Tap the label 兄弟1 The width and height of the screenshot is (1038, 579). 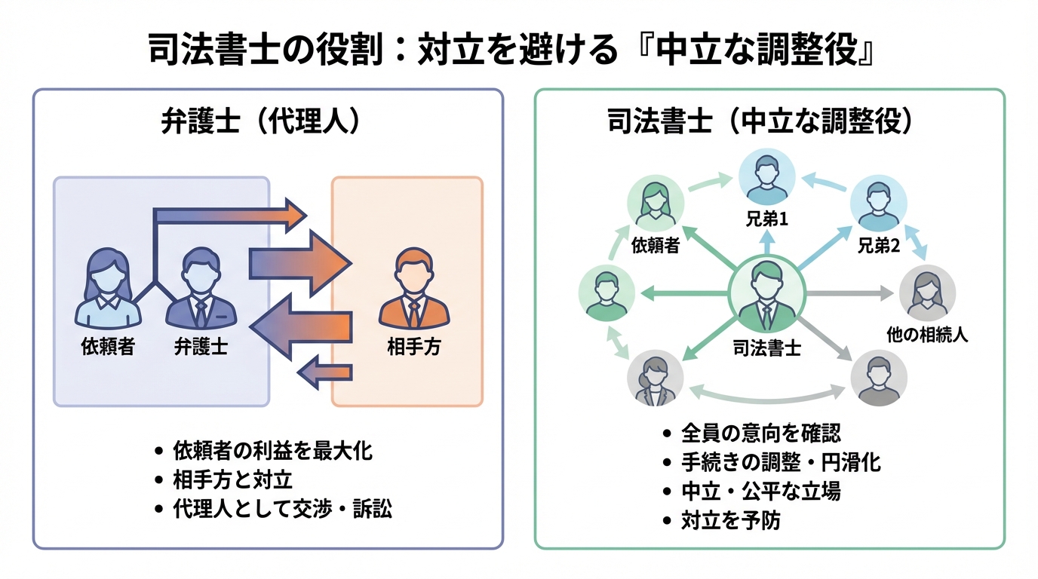[766, 221]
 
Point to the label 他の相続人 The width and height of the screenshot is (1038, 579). [927, 335]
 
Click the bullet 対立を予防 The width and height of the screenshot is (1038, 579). [729, 520]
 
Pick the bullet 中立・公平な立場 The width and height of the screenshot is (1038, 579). [760, 491]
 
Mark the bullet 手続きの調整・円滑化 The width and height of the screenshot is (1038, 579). [781, 461]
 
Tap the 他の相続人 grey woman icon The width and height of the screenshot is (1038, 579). [927, 294]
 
